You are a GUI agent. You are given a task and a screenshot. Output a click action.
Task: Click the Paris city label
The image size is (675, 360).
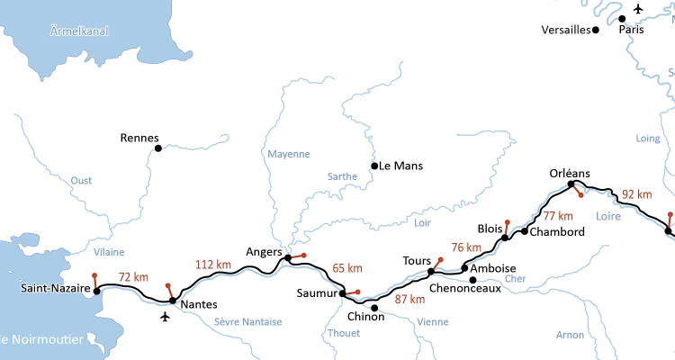point(634,30)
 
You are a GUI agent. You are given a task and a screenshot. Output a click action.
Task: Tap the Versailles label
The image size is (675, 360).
point(565,30)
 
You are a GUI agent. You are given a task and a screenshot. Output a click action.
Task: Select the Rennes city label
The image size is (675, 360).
point(138,138)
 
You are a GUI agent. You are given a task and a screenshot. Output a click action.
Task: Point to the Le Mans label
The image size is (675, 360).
point(400,166)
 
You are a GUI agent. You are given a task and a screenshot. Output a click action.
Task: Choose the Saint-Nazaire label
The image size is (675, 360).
point(54,289)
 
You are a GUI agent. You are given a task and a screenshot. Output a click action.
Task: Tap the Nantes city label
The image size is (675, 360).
point(198,305)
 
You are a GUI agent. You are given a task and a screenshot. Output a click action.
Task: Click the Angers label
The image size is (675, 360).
point(263,251)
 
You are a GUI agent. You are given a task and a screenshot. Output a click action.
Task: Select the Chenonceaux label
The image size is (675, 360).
point(465,288)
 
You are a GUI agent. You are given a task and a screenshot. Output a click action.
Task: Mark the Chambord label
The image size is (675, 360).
point(557,231)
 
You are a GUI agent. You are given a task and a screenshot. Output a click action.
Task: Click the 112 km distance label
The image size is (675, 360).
point(213,265)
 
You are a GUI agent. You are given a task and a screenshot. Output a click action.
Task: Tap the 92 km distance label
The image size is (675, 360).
point(636,193)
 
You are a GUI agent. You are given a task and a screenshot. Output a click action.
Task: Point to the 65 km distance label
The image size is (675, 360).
point(347,267)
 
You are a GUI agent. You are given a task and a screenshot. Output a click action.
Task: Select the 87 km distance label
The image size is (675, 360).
point(409,300)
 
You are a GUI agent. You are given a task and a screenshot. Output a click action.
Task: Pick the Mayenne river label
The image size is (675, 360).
point(290,154)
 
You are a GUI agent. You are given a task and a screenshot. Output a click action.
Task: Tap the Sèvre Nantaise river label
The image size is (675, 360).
point(247,321)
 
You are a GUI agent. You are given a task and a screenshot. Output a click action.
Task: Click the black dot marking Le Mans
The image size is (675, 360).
point(373,165)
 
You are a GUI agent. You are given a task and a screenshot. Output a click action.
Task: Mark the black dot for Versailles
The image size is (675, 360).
point(596,30)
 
